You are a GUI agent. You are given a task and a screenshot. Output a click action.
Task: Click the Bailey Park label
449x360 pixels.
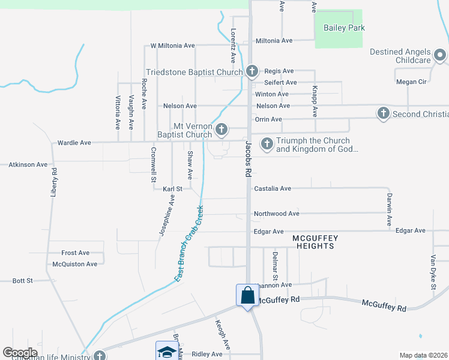click(344, 28)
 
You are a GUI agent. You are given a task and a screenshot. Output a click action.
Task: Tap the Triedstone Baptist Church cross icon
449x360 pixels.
click(252, 71)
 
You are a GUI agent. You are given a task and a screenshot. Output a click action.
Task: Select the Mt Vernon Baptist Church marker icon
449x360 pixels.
click(221, 129)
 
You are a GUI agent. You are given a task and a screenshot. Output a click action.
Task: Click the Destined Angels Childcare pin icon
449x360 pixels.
click(440, 55)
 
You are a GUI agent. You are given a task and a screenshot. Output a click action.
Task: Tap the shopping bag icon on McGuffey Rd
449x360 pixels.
click(247, 295)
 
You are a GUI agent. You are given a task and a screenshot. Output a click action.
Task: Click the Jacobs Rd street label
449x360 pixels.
click(247, 157)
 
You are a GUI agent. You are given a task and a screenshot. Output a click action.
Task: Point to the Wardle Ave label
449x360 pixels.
click(74, 143)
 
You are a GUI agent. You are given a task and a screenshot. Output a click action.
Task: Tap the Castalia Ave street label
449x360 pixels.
click(273, 188)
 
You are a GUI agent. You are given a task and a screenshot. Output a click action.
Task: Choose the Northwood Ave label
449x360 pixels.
click(276, 214)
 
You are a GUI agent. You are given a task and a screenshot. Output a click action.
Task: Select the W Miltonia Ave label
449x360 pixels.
click(172, 46)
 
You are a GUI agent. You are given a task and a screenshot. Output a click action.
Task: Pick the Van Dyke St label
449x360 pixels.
click(432, 272)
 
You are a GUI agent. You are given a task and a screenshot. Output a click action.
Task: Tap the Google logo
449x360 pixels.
click(20, 353)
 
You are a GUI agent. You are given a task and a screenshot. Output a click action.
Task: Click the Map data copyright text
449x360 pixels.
click(423, 355)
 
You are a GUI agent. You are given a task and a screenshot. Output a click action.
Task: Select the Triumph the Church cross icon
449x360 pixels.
click(267, 143)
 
